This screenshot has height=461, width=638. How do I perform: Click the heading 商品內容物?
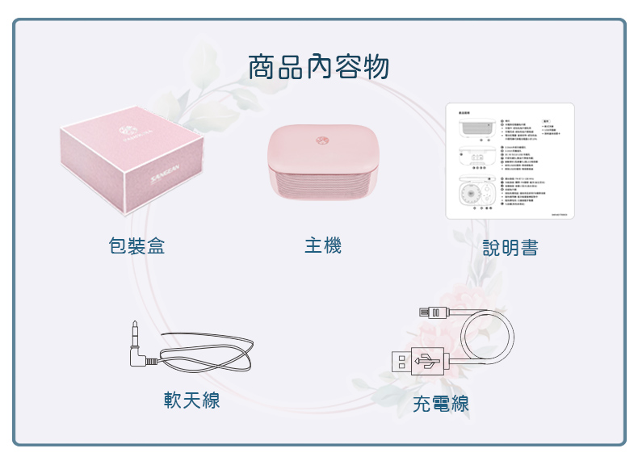[318, 68]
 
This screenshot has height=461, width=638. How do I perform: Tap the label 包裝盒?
[137, 246]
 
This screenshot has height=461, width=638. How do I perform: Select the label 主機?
[322, 245]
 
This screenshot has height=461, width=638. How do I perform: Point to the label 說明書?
[510, 247]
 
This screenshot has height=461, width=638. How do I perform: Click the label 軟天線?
[191, 400]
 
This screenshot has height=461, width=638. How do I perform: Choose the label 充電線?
[440, 404]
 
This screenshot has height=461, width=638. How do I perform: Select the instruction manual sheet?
[510, 161]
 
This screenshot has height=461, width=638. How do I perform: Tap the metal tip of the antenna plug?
[134, 330]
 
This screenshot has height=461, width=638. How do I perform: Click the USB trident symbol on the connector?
[427, 363]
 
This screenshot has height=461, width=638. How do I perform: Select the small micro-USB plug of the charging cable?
[432, 312]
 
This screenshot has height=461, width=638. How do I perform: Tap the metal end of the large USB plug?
[401, 362]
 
